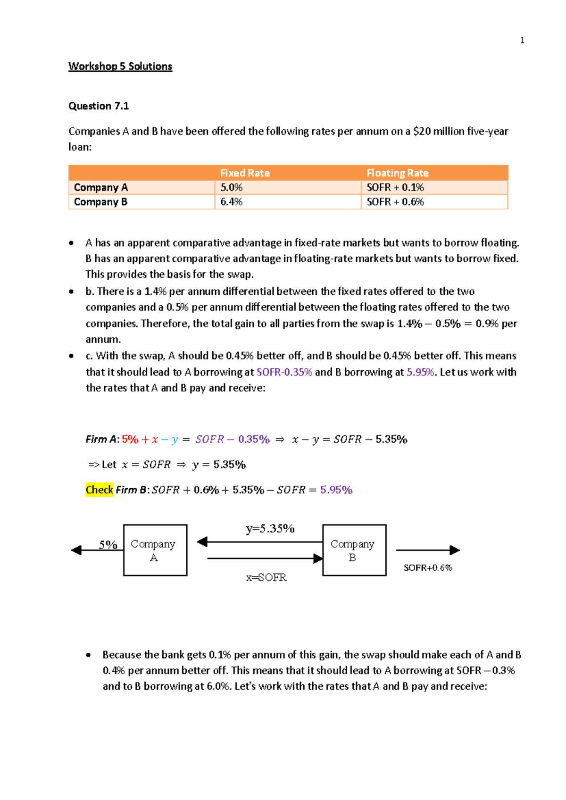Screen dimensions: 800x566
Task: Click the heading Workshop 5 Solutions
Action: point(120,66)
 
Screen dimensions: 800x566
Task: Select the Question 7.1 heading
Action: point(99,106)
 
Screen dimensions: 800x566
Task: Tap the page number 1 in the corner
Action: point(522,41)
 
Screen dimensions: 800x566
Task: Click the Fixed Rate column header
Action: point(245,173)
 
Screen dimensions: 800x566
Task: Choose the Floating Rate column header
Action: point(397,173)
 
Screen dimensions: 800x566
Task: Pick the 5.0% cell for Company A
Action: point(231,188)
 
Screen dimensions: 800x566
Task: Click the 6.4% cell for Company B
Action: point(231,202)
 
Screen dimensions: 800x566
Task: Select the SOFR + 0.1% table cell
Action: point(395,188)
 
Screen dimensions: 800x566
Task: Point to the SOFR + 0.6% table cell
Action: point(395,202)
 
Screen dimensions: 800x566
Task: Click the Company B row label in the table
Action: point(100,202)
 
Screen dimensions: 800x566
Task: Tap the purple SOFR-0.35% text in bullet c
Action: point(284,372)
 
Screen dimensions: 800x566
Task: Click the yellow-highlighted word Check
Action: point(99,490)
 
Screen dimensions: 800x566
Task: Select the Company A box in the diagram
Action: point(155,550)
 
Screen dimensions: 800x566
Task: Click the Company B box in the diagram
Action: point(354,550)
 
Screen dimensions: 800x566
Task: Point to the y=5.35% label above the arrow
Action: point(270,529)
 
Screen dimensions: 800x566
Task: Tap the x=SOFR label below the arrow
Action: point(266,578)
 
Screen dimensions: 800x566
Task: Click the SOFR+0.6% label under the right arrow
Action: point(427,568)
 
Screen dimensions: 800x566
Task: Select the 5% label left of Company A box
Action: point(108,545)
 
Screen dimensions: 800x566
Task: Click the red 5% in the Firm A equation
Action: point(130,440)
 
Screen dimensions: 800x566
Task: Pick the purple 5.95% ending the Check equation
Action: point(336,490)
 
